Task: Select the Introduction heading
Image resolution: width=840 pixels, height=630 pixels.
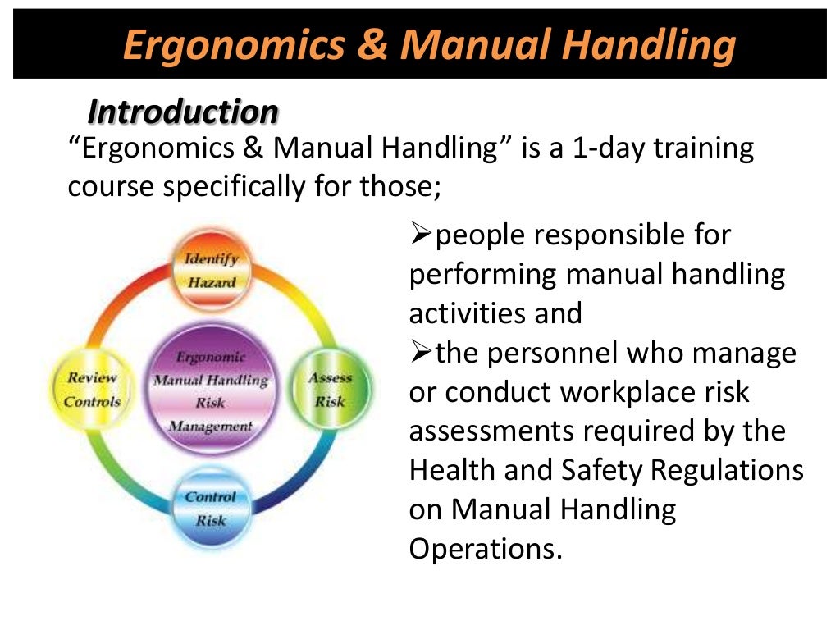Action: click(x=183, y=112)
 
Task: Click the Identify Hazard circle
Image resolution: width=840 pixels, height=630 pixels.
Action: click(x=211, y=271)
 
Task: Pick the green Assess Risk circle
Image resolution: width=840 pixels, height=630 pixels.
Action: click(x=330, y=389)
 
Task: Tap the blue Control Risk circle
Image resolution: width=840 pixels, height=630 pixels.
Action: click(x=210, y=508)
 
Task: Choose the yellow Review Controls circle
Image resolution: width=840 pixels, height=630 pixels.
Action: click(x=92, y=390)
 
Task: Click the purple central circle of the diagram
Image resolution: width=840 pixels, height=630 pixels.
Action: click(x=211, y=390)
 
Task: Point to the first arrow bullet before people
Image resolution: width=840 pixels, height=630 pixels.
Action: click(x=420, y=236)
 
